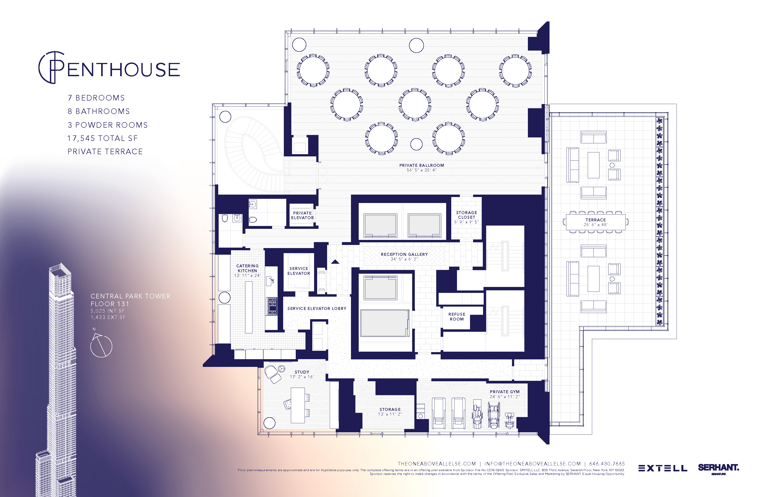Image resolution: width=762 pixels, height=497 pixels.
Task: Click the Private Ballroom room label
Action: point(421,165)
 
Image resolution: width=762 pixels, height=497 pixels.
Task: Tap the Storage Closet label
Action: point(466,215)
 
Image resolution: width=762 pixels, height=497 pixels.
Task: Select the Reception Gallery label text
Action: point(404,254)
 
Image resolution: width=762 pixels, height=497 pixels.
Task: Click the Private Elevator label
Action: point(302,215)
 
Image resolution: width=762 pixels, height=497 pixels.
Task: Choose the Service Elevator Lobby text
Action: point(317,308)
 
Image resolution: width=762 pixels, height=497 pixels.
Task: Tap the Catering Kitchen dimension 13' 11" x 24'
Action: point(247,275)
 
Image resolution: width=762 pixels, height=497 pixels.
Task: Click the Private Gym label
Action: point(505,392)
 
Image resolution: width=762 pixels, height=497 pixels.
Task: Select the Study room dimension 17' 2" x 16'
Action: point(302,377)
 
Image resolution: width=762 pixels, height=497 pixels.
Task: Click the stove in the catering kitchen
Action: point(272,306)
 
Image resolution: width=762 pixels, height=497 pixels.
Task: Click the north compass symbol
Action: point(101,345)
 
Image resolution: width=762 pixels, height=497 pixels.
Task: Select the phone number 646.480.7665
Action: point(607,464)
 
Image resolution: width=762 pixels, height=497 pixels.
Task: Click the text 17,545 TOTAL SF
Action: point(102,138)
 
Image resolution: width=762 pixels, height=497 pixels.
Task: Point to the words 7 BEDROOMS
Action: point(96,98)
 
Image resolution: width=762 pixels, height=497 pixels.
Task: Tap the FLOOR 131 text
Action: point(110,304)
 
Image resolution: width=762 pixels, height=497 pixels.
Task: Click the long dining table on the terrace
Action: point(595,222)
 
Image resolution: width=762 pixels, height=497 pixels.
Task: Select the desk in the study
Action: point(298,405)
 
